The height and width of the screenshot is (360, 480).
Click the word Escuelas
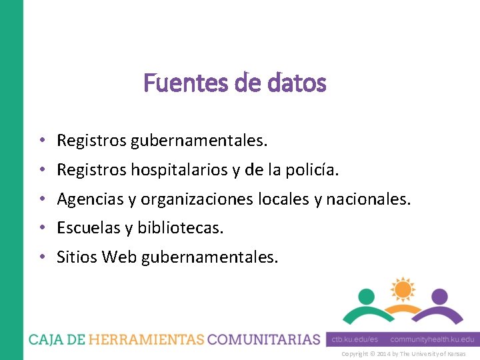point(89,227)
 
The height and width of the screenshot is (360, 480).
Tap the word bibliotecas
point(181,227)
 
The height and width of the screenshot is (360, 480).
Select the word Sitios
point(77,256)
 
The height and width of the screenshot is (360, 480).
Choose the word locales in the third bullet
point(281,199)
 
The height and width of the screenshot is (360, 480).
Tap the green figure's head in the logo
point(367,296)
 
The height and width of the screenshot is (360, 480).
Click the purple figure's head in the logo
point(439,296)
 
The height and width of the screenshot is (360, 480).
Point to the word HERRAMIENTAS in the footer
point(146,339)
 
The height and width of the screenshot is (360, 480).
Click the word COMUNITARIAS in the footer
point(264,339)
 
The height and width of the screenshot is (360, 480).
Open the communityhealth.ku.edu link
point(433,339)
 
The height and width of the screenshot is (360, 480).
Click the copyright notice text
point(403,354)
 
